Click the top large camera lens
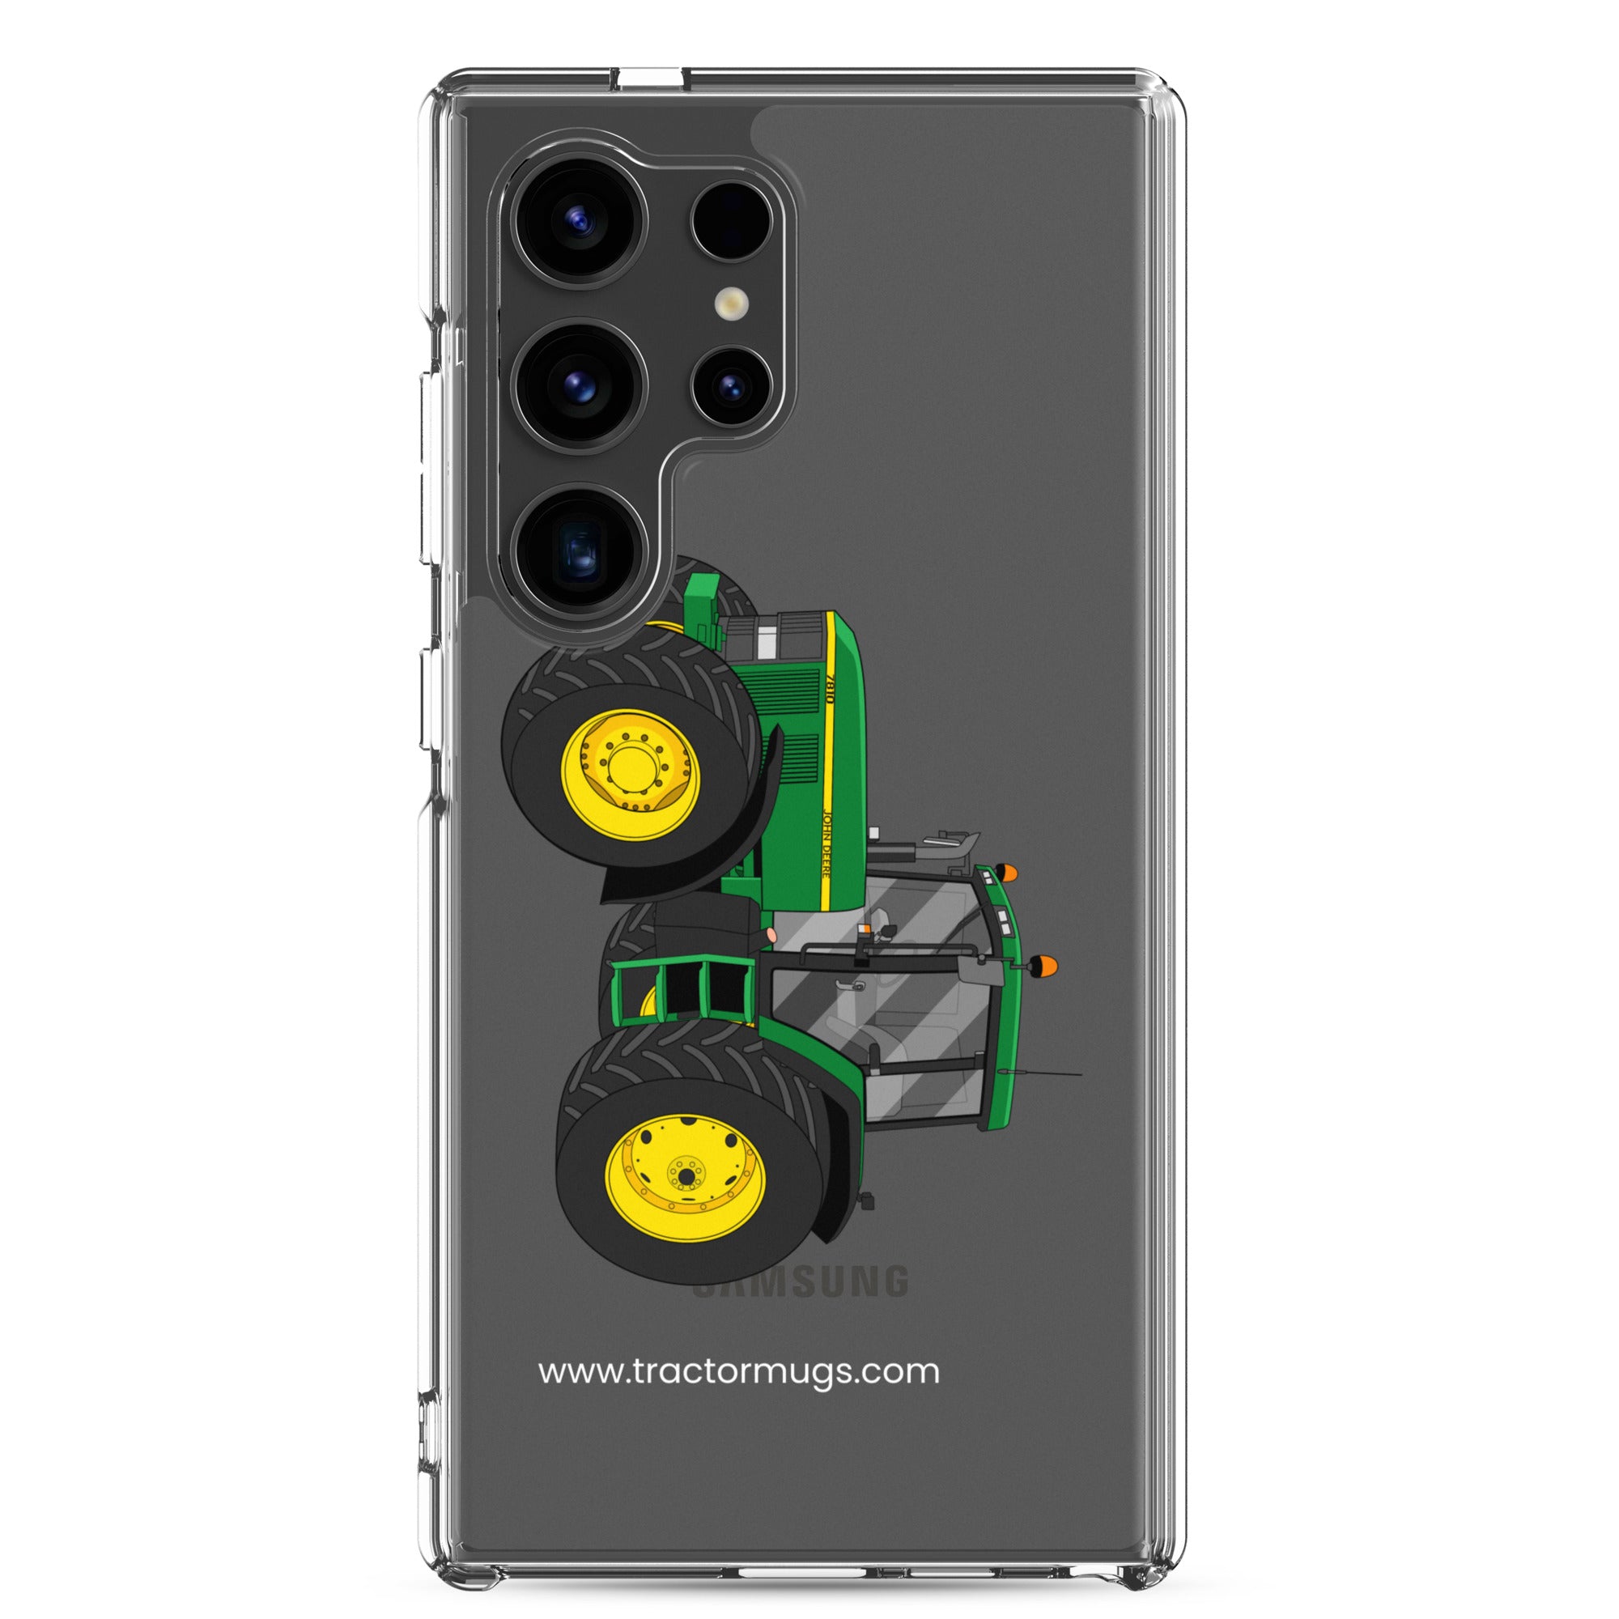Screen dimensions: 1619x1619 click(x=580, y=222)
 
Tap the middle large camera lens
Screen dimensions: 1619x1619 click(x=580, y=386)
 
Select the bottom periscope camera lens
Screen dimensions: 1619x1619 click(x=580, y=550)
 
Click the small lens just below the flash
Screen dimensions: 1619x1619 click(x=731, y=386)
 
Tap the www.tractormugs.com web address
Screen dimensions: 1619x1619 click(x=738, y=1371)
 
